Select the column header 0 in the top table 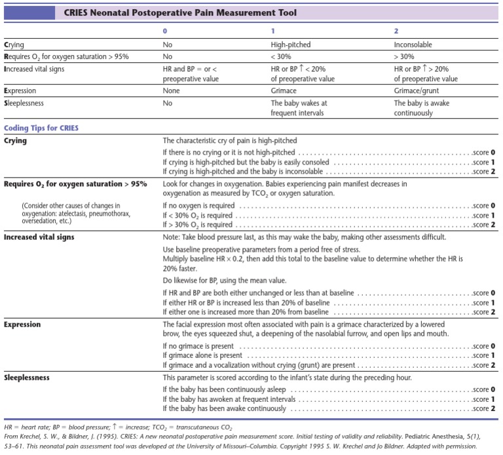[x=165, y=31]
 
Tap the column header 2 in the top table [x=396, y=31]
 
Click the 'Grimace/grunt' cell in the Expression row [x=416, y=90]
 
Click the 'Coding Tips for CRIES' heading [x=41, y=128]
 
